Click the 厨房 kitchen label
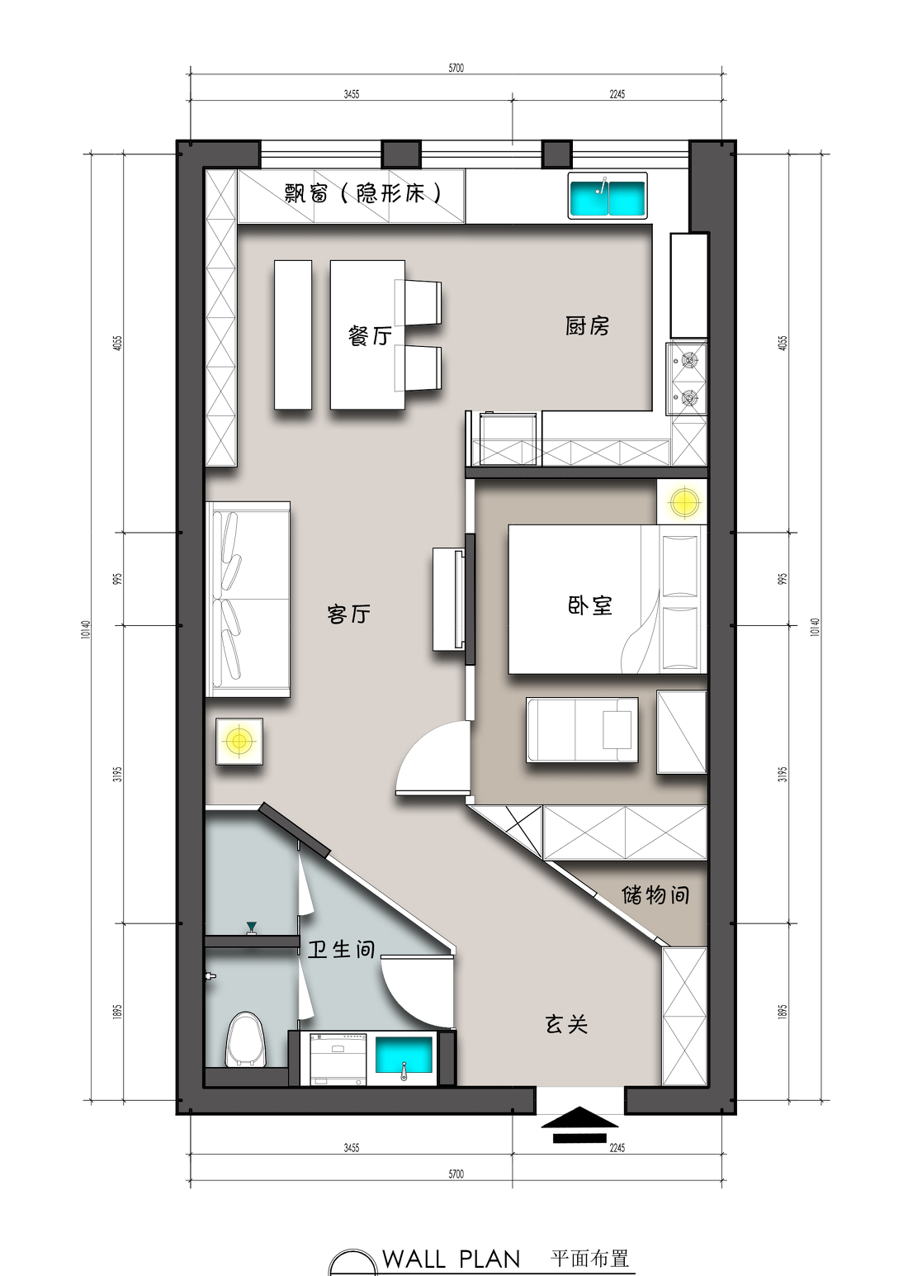[x=587, y=326]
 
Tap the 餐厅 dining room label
[x=370, y=335]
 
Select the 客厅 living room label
[x=348, y=614]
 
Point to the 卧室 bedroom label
[x=590, y=605]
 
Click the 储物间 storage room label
[x=655, y=894]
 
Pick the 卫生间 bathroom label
[x=341, y=949]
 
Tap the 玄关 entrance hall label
[x=566, y=1025]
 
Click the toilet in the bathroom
[x=245, y=1040]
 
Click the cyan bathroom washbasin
[x=404, y=1056]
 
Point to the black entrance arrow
[x=579, y=1125]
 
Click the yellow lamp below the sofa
[x=239, y=740]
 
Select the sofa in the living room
[x=248, y=599]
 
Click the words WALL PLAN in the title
[x=452, y=1259]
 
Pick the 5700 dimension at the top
[x=456, y=68]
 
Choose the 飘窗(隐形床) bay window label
[x=363, y=193]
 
